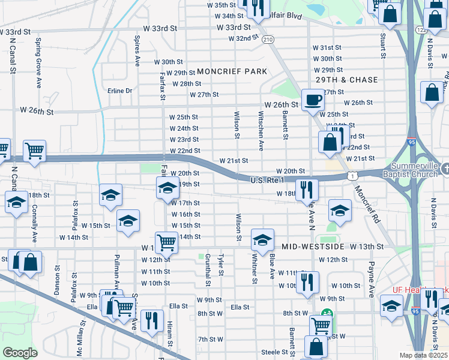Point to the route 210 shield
pyautogui.click(x=268, y=39)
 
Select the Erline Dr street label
pyautogui.click(x=119, y=91)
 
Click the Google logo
pyautogui.click(x=20, y=353)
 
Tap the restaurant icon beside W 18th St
pyautogui.click(x=307, y=189)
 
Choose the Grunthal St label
pyautogui.click(x=208, y=269)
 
